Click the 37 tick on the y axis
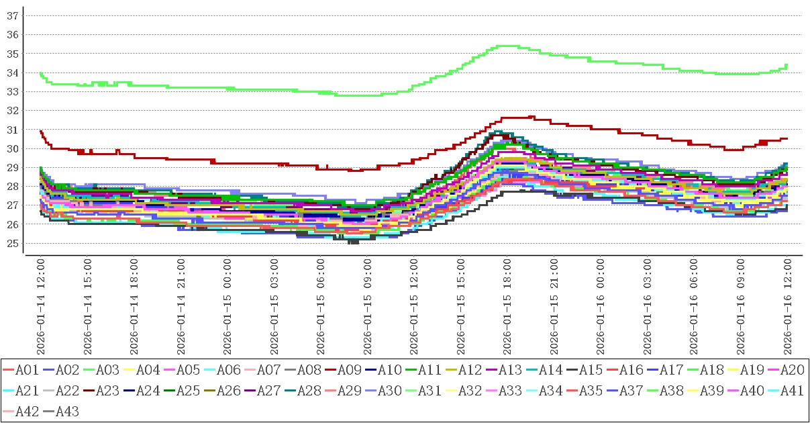pyautogui.click(x=12, y=15)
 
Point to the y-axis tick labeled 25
pyautogui.click(x=12, y=243)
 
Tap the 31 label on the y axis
pyautogui.click(x=12, y=130)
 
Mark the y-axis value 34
pyautogui.click(x=12, y=73)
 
